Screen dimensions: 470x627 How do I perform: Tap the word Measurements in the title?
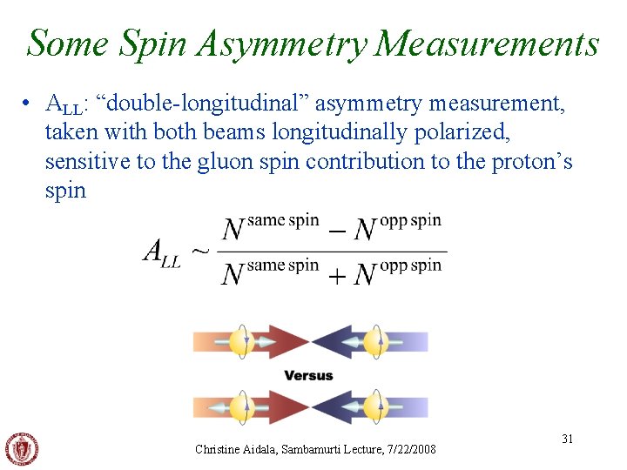(x=488, y=43)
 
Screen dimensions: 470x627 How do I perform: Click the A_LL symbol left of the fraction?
(x=162, y=252)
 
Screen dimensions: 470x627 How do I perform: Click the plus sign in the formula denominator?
(x=338, y=274)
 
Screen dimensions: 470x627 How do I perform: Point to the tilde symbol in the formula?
(x=200, y=251)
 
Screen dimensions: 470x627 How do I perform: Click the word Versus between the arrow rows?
(x=308, y=375)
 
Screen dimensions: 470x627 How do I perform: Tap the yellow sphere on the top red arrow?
(x=245, y=341)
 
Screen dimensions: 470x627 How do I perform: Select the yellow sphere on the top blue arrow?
(x=375, y=341)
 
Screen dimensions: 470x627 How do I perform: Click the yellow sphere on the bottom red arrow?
(x=245, y=406)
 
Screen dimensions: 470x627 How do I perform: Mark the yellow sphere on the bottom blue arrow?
(x=375, y=406)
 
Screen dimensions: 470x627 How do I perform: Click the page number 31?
(x=567, y=439)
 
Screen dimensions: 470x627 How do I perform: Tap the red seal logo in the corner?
(x=22, y=449)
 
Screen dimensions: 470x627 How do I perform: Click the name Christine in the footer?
(x=219, y=449)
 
